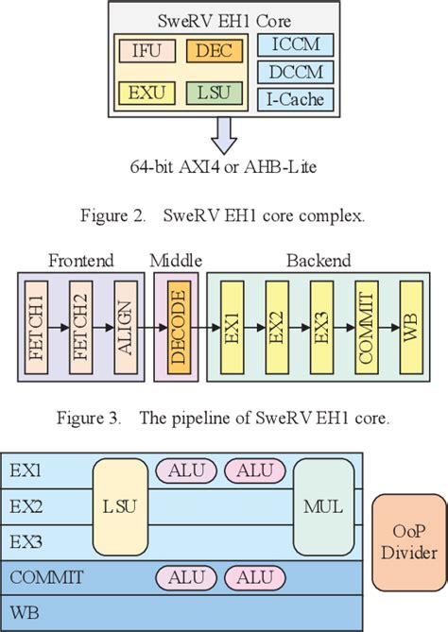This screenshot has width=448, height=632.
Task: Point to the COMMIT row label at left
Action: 47,575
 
